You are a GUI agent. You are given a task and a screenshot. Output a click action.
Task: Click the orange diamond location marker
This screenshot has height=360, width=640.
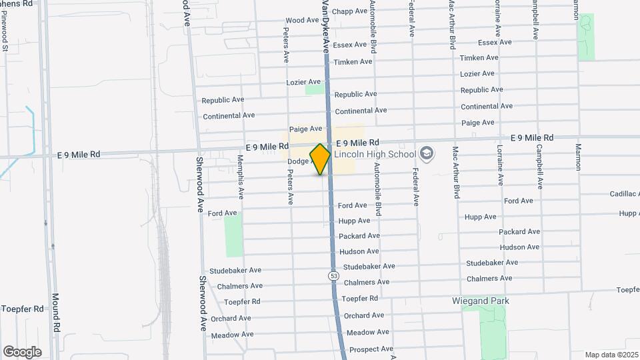pos(320,159)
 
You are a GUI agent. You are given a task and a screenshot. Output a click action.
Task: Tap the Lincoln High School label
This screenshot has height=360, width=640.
pos(374,154)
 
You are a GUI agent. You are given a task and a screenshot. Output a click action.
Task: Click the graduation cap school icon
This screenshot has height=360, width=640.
pos(427,155)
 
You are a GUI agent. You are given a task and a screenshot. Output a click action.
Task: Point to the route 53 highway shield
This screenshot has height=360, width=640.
pos(333,275)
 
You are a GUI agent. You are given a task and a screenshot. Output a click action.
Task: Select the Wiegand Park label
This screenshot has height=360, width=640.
pos(480,301)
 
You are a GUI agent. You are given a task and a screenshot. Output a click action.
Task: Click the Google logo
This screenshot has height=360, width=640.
pos(22,351)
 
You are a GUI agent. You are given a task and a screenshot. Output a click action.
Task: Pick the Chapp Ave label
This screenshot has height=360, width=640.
pos(349,11)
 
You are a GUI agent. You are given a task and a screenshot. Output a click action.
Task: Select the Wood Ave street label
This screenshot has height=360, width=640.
pos(302,21)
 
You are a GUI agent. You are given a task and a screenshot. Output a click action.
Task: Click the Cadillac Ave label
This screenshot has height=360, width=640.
pos(619,193)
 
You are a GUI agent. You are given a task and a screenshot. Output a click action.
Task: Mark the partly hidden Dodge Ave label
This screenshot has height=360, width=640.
pos(299,161)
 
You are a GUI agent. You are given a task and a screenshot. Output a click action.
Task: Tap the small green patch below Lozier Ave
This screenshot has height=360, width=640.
pos(314,89)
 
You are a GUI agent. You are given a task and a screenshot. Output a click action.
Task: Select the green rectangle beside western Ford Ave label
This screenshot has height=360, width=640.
pos(233,236)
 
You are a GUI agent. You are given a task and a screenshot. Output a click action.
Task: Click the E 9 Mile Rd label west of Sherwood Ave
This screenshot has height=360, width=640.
pos(79,154)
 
